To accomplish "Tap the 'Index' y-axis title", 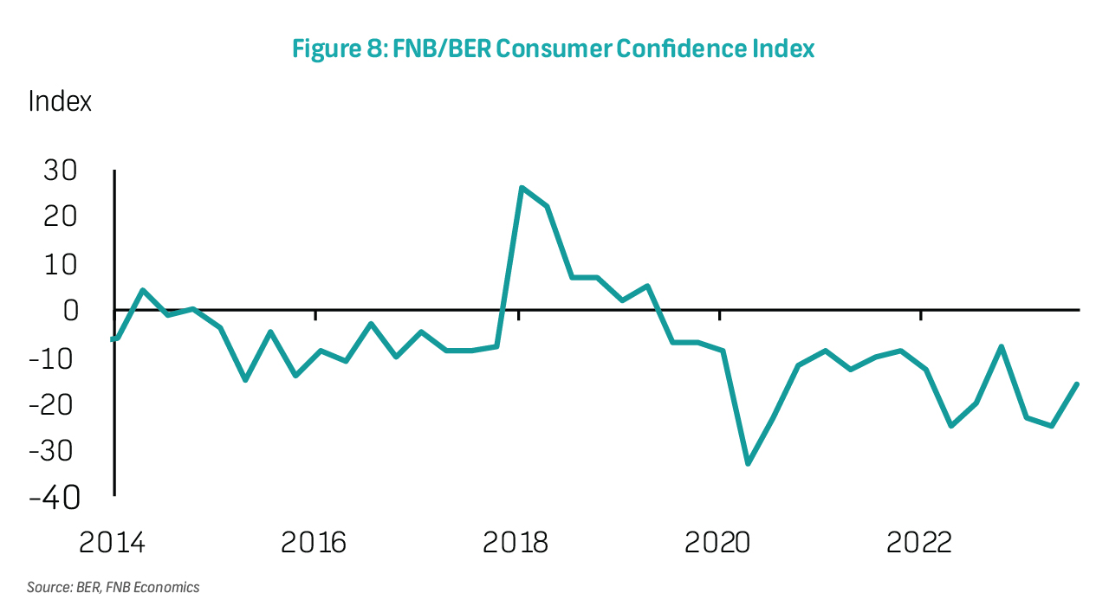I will pos(60,101).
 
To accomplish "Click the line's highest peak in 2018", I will pos(522,188).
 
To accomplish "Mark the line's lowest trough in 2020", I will pos(748,463).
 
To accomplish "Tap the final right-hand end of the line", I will pos(1077,384).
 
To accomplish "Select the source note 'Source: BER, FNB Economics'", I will pos(113,587).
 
